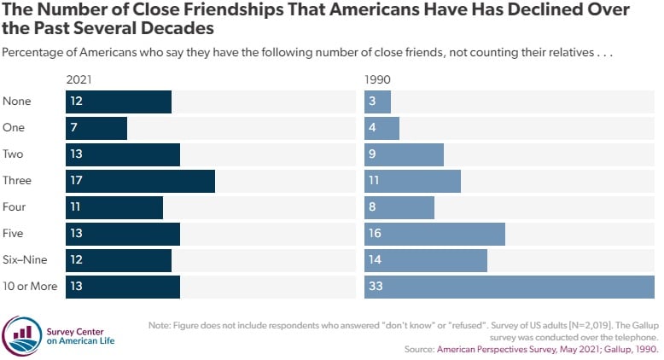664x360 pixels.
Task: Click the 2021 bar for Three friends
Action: pyautogui.click(x=141, y=181)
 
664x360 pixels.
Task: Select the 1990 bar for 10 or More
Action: pyautogui.click(x=509, y=287)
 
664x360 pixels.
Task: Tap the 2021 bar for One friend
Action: pyautogui.click(x=96, y=128)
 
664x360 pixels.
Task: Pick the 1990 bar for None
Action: pyautogui.click(x=377, y=102)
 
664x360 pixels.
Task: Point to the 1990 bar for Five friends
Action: pyautogui.click(x=434, y=234)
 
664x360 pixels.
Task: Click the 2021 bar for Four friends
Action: pyautogui.click(x=114, y=207)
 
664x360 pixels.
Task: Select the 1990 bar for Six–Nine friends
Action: pyautogui.click(x=425, y=260)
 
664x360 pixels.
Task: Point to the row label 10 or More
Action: pyautogui.click(x=30, y=287)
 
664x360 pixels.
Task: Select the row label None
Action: pyautogui.click(x=17, y=102)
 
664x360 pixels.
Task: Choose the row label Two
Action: pyautogui.click(x=14, y=154)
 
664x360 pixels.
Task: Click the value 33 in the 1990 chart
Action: pyautogui.click(x=376, y=287)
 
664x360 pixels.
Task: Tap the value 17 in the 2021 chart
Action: pyautogui.click(x=77, y=181)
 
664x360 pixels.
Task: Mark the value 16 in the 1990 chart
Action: pyautogui.click(x=376, y=234)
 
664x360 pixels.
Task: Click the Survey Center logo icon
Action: pyautogui.click(x=21, y=333)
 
